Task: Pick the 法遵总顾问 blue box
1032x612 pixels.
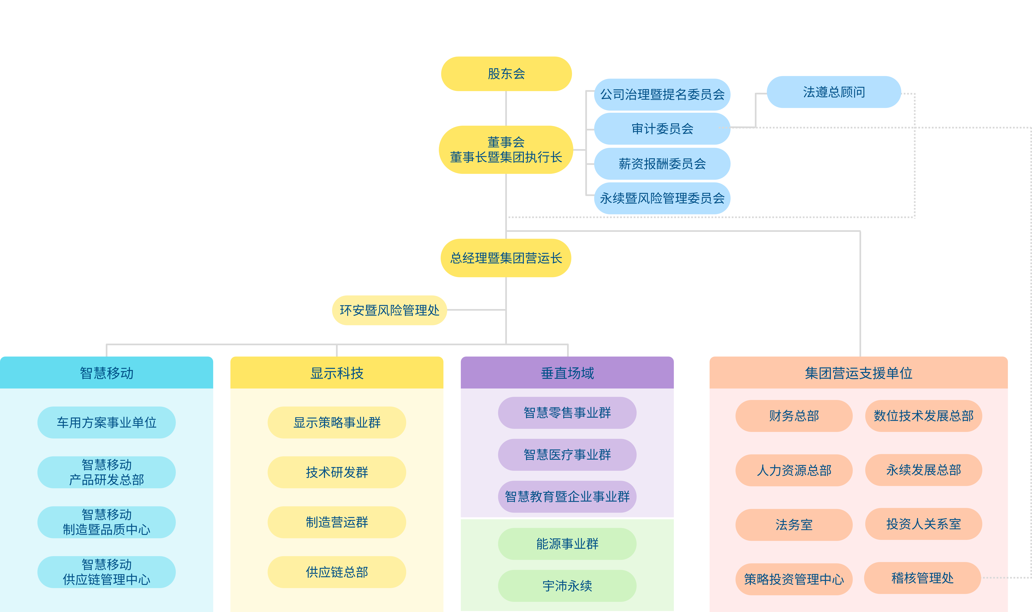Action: pos(834,92)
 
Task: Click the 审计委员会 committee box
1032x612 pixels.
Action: pos(662,129)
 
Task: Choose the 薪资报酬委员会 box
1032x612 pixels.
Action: pos(662,164)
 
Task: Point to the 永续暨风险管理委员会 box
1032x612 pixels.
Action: pos(662,198)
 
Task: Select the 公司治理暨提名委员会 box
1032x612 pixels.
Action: pos(662,94)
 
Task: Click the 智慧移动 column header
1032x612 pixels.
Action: pos(106,373)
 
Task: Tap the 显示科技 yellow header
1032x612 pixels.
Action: pos(337,373)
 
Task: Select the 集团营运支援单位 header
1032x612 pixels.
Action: pos(858,373)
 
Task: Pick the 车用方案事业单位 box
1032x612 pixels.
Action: pos(106,422)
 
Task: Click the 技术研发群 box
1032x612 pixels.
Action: pos(337,472)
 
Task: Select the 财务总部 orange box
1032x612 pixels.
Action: pos(794,416)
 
